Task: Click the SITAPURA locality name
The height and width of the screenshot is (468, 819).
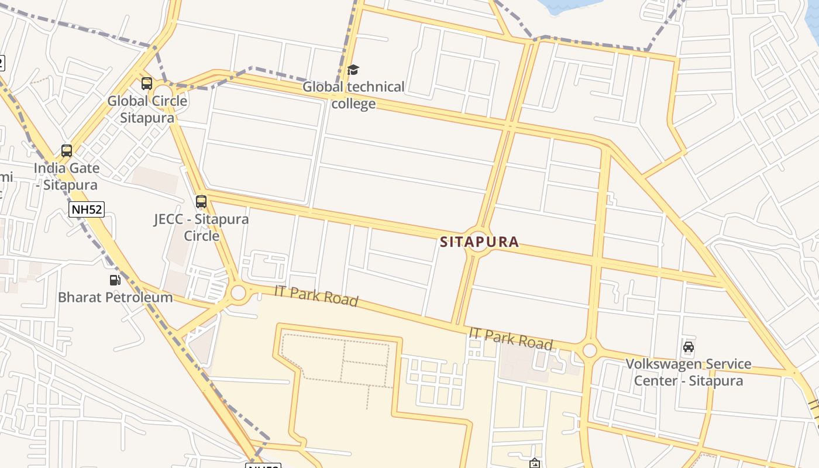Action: pos(479,242)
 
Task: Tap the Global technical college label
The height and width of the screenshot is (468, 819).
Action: pos(353,95)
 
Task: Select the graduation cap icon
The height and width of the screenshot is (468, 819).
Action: pos(353,70)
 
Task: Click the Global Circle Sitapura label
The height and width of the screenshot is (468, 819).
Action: pos(147,109)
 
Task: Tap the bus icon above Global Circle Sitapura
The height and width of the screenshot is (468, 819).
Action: pos(146,83)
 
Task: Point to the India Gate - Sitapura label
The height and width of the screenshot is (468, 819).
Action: pos(66,176)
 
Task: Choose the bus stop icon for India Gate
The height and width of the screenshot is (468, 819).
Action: pos(67,151)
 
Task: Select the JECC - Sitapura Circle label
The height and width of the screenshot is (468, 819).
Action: pos(201,228)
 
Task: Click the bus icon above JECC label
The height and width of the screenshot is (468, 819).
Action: pos(201,202)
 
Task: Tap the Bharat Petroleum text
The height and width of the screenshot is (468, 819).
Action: pos(115,297)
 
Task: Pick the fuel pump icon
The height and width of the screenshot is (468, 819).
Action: pos(115,280)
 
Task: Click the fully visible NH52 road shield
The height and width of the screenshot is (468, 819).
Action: pos(87,209)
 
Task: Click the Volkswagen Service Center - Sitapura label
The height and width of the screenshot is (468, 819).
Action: pos(689,372)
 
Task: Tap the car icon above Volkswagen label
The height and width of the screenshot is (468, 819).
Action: pos(689,346)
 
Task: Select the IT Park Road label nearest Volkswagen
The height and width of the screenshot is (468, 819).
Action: pos(511,339)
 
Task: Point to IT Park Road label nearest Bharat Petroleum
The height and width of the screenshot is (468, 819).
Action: pos(316,295)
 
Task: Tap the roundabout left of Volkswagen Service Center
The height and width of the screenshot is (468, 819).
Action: pos(590,350)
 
